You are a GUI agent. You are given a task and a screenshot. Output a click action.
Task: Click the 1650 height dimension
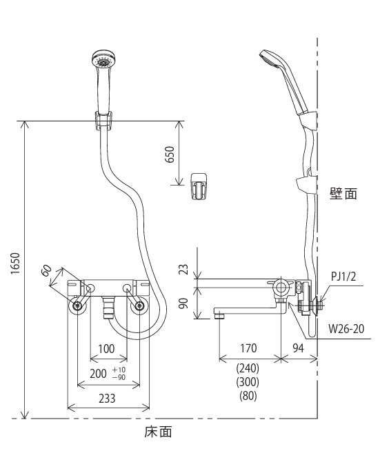tap(15, 263)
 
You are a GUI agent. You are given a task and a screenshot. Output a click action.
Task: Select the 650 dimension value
tap(170, 154)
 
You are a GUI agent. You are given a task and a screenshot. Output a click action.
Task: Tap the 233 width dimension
tap(107, 399)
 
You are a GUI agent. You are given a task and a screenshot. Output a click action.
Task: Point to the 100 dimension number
tap(106, 349)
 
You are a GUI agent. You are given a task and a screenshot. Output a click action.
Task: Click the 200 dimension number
tap(98, 374)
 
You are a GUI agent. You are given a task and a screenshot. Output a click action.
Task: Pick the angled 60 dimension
tap(47, 270)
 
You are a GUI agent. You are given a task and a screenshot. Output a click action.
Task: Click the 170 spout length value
tap(248, 348)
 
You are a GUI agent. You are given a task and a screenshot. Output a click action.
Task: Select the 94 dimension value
tap(299, 348)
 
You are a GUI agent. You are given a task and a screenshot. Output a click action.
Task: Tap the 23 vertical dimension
tap(183, 269)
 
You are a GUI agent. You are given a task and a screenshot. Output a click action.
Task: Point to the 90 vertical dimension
tap(183, 303)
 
